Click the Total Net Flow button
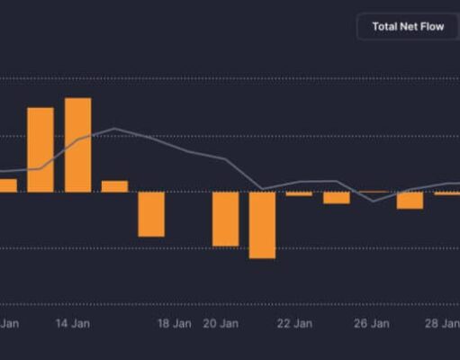click(x=407, y=27)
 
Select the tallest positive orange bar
click(x=78, y=145)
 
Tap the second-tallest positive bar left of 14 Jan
click(x=41, y=149)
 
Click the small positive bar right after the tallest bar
click(x=114, y=186)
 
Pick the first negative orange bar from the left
click(x=151, y=214)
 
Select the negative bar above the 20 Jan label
click(x=225, y=219)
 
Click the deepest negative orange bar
click(x=262, y=225)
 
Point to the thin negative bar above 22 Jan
click(x=299, y=193)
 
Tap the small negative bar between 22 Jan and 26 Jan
click(x=337, y=198)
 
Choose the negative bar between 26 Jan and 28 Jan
click(x=410, y=201)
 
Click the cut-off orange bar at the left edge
click(x=7, y=185)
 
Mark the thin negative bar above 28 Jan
click(x=447, y=193)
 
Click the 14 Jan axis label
click(x=72, y=323)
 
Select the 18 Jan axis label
click(x=175, y=323)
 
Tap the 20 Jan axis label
click(x=221, y=323)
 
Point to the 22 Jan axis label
click(x=294, y=323)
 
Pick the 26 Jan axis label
click(x=372, y=323)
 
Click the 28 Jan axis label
click(x=443, y=323)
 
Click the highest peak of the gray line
click(x=114, y=129)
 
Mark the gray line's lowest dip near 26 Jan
click(x=374, y=201)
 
